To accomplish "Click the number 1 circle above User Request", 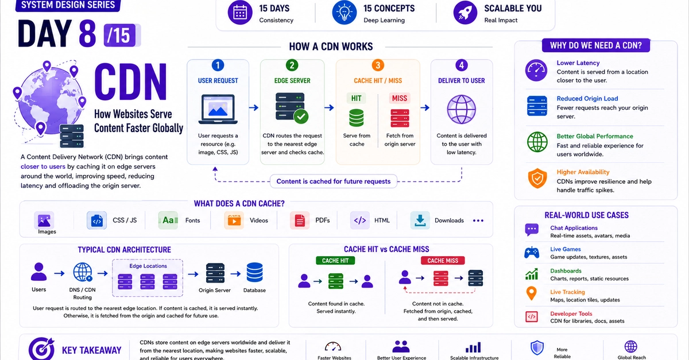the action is tap(218, 65).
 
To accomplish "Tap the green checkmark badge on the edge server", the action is tap(301, 117).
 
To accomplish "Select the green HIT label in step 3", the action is tap(356, 98).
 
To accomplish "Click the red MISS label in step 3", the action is tap(399, 98).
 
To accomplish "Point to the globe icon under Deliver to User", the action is tap(461, 109).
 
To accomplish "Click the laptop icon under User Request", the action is tap(218, 109).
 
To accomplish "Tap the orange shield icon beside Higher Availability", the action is tap(537, 178).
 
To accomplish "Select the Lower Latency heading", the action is tap(578, 63).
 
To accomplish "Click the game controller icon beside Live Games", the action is tap(532, 253).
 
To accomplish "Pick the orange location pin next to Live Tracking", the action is tap(531, 293).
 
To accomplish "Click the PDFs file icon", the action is tap(299, 220).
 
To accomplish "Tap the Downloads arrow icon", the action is tap(420, 220).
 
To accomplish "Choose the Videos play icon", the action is tap(234, 220).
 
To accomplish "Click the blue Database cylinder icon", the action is tap(254, 272).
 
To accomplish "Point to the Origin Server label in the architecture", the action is tap(214, 290).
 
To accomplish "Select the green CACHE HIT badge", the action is tap(335, 261).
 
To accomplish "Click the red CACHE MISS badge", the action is tap(443, 261).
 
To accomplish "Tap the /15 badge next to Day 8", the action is tap(122, 35).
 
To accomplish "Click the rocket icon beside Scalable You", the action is tap(465, 12).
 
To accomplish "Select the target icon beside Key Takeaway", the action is tap(41, 349).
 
